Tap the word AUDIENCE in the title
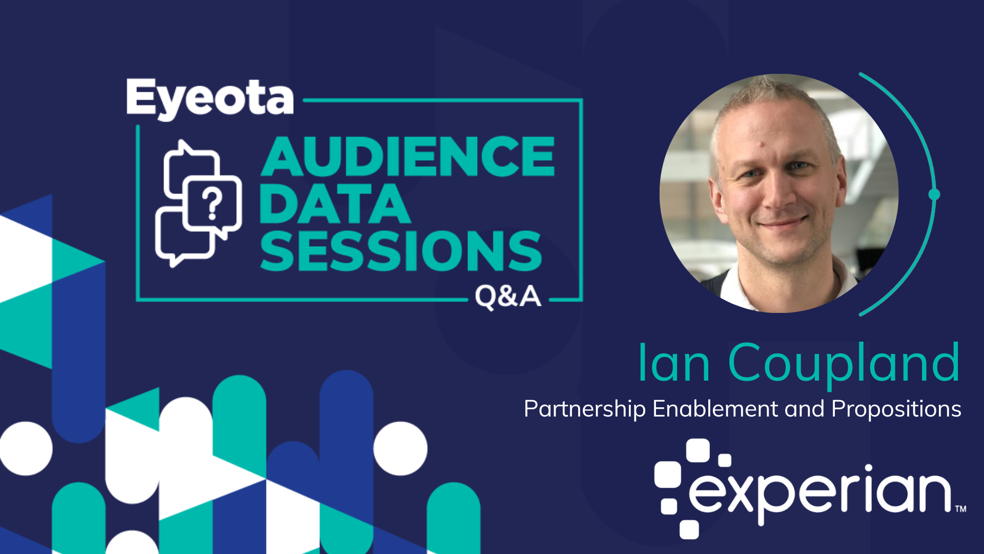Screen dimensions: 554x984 [408, 157]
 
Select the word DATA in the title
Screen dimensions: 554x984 [335, 204]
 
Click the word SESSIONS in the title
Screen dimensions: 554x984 [401, 251]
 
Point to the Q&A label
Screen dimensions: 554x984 [507, 296]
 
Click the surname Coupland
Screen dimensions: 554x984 [844, 364]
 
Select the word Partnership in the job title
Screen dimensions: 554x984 [584, 409]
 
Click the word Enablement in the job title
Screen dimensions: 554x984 [715, 409]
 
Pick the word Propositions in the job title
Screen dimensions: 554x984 [896, 409]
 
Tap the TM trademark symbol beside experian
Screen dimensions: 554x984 [960, 509]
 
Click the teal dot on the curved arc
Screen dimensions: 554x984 [934, 194]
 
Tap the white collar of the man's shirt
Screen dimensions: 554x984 [743, 290]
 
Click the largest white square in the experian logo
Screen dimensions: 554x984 [667, 475]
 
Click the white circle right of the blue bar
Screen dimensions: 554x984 [400, 448]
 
